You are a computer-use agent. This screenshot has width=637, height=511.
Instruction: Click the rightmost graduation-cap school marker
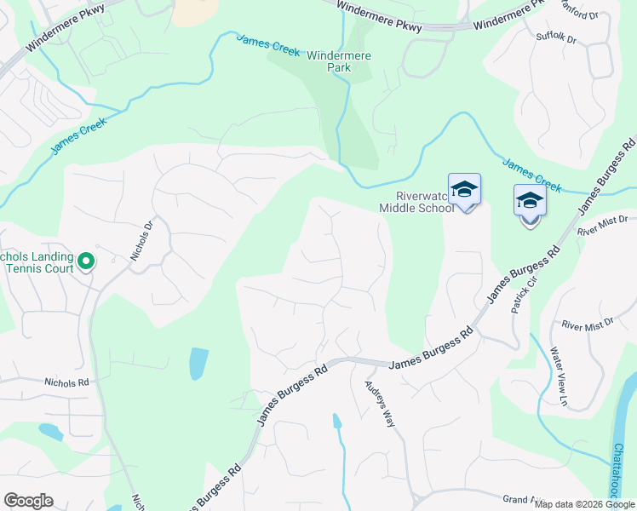[x=530, y=202]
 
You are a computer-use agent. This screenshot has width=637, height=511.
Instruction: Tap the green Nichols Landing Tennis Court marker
[x=85, y=261]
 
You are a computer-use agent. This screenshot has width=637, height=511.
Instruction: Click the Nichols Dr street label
[x=141, y=241]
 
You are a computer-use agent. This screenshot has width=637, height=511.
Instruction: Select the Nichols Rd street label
[x=67, y=383]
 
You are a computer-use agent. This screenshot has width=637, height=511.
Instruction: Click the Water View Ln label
[x=558, y=375]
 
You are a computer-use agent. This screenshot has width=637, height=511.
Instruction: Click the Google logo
[x=28, y=501]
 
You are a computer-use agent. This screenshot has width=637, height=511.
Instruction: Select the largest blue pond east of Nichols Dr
[x=198, y=364]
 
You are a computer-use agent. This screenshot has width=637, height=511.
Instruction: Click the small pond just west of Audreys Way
[x=337, y=421]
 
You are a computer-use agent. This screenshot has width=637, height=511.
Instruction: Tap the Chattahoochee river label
[x=621, y=468]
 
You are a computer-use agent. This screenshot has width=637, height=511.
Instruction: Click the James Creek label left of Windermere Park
[x=268, y=45]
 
